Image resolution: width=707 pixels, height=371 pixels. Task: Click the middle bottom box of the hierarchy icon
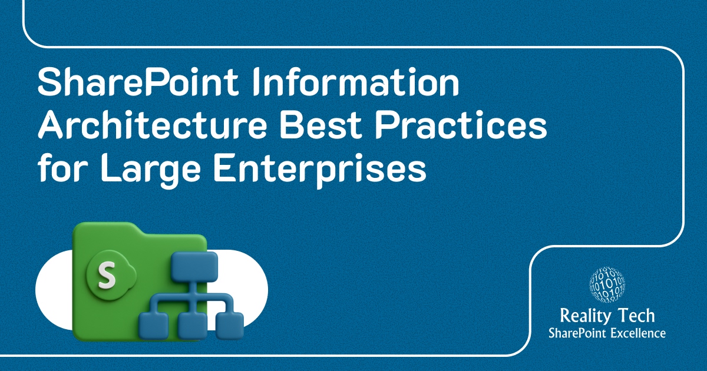(x=190, y=324)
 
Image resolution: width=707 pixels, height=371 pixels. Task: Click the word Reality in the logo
(x=586, y=316)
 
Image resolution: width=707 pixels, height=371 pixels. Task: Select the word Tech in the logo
(x=637, y=316)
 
